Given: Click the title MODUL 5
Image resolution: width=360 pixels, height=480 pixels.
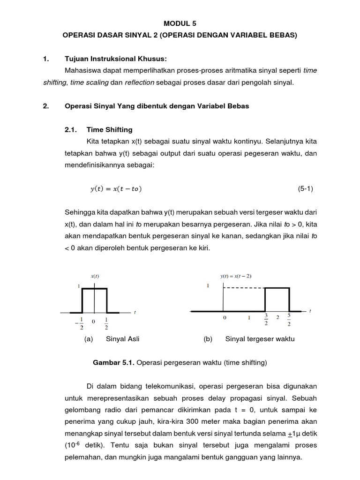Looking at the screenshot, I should (x=180, y=22).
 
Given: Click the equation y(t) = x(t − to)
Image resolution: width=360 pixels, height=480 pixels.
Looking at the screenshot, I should (x=115, y=189).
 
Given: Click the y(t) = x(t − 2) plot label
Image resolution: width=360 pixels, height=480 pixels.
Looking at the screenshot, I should (x=236, y=276).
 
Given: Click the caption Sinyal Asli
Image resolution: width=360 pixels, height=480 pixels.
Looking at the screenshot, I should (x=123, y=339).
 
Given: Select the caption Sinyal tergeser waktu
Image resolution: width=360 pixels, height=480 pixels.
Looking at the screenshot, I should (x=260, y=339).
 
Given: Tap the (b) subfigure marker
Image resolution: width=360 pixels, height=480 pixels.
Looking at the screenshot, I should (x=208, y=339).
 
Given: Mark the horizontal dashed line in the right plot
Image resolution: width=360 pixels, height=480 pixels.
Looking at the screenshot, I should (x=244, y=288).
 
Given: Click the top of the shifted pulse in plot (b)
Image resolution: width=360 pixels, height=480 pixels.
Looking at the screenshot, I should (x=277, y=288).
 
